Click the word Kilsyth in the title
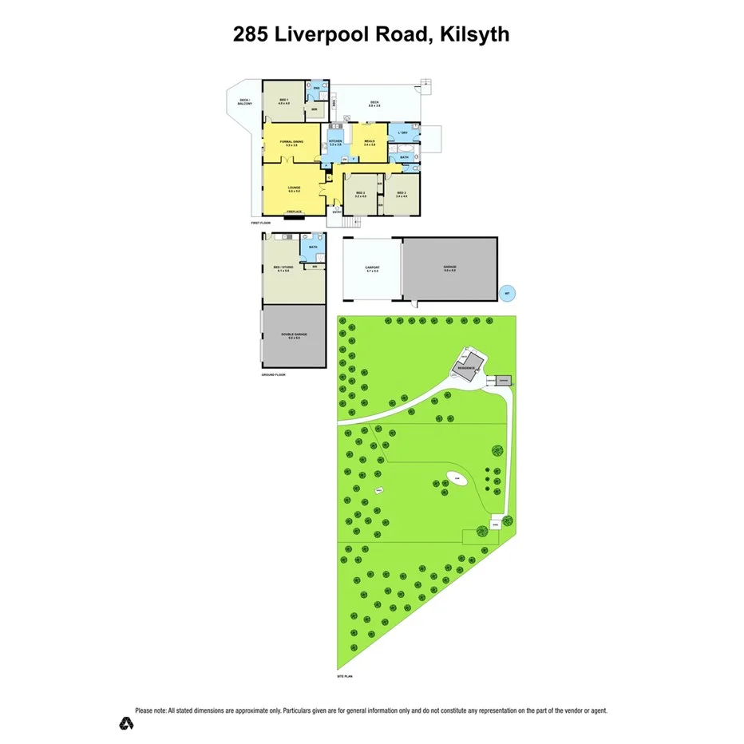coord(469,34)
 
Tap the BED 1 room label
coord(283,101)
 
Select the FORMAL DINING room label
coord(291,143)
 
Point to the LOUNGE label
coord(293,189)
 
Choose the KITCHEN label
coord(336,142)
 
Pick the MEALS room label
coord(370,142)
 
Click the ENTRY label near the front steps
coord(336,211)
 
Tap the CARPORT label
coord(372,269)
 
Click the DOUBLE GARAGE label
coord(294,335)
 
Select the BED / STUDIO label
coord(284,269)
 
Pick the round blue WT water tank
coord(505,293)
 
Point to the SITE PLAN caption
coord(345,676)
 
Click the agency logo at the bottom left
coord(125,724)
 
